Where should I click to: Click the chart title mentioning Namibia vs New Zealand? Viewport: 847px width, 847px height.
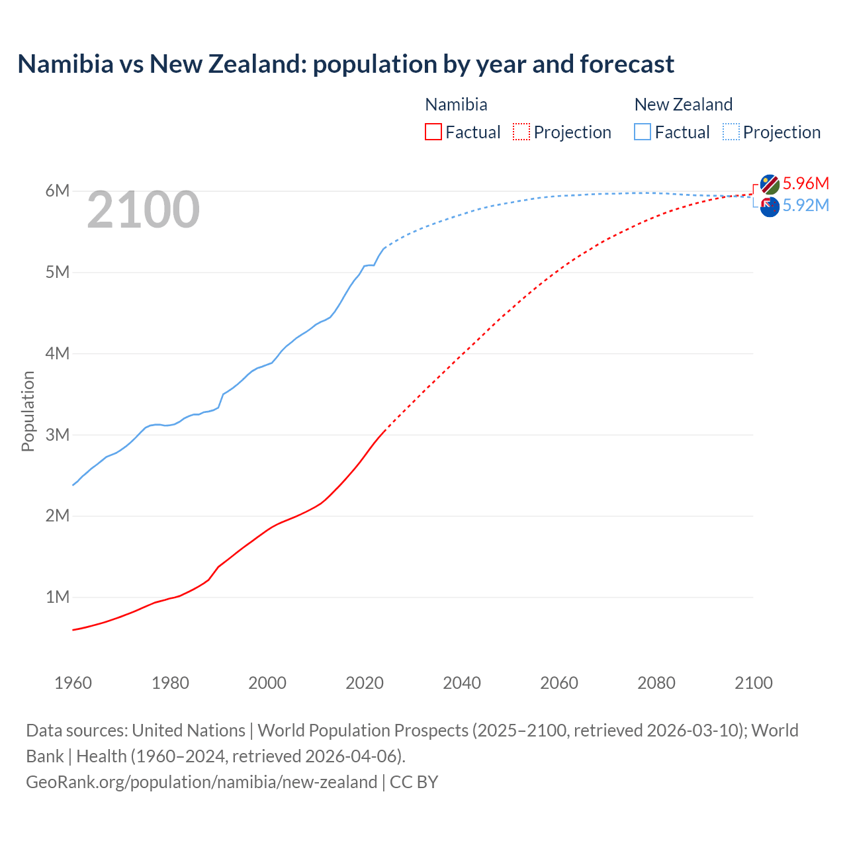[x=345, y=64]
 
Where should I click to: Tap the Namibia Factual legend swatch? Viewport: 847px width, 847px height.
[x=433, y=132]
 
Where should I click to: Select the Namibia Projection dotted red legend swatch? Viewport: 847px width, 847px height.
[x=521, y=132]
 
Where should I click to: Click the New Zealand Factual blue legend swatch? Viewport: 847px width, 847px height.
[x=643, y=132]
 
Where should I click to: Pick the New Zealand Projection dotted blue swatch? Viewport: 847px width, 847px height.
[x=731, y=132]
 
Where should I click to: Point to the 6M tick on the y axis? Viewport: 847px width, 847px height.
[x=57, y=191]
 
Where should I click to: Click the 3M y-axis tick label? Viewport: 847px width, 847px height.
[x=57, y=435]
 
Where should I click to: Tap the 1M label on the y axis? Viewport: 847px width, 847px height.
[x=57, y=597]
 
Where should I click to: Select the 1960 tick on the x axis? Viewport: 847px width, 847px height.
[x=73, y=683]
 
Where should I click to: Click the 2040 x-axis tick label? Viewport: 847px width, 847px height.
[x=462, y=683]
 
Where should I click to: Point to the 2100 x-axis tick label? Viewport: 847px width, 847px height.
[x=753, y=683]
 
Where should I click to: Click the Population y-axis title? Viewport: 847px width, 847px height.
[x=28, y=411]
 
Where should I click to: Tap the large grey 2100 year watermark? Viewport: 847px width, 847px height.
[x=143, y=210]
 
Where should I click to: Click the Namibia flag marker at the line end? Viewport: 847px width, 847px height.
[x=770, y=185]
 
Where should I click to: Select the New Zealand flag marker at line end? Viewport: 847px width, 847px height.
[x=770, y=207]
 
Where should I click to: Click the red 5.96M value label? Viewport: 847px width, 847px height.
[x=805, y=183]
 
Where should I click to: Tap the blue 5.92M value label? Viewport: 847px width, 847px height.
[x=805, y=206]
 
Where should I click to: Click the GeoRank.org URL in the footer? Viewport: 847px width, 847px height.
[x=201, y=782]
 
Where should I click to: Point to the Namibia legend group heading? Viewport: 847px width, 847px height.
[x=456, y=105]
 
